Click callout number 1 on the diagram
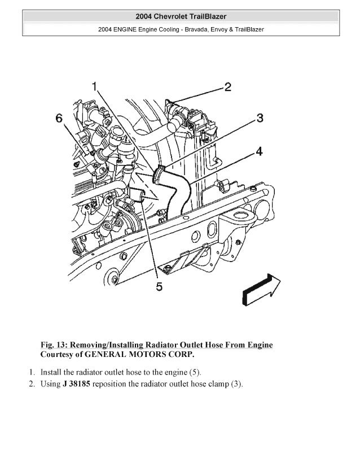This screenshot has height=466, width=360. [95, 86]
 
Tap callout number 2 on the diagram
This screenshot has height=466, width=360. [227, 87]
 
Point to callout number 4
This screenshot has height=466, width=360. [258, 151]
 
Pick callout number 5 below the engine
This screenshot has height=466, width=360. [159, 288]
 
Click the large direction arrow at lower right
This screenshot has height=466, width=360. [260, 287]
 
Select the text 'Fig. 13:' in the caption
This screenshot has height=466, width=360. [55, 345]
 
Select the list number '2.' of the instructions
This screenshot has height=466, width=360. [32, 385]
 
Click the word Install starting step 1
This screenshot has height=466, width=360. [52, 373]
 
